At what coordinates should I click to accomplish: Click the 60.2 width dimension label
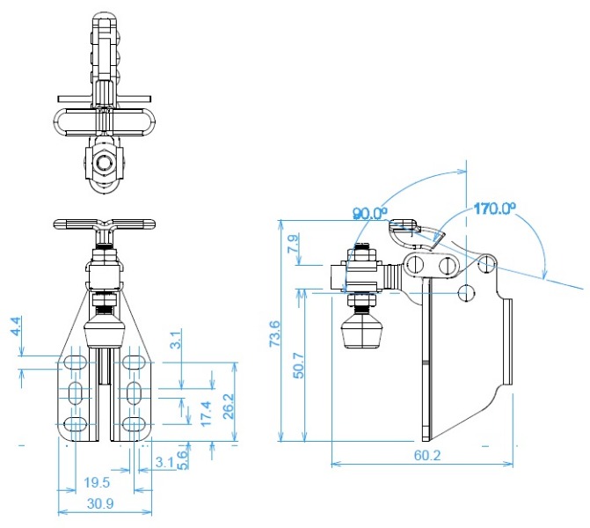click(x=427, y=455)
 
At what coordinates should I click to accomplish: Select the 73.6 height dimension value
click(x=275, y=334)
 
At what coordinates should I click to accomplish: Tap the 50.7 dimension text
click(x=299, y=365)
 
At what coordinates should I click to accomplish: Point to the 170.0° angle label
click(x=494, y=208)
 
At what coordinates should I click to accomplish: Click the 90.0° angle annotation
click(x=370, y=213)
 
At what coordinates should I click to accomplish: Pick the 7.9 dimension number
click(x=294, y=243)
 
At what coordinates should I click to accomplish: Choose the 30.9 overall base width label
click(x=100, y=503)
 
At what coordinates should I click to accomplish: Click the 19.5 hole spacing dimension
click(x=97, y=482)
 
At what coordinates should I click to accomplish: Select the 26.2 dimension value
click(x=228, y=407)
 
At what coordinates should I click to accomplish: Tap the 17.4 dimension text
click(x=206, y=414)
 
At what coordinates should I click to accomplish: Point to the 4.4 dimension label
click(x=16, y=326)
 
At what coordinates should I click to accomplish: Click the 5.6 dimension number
click(x=182, y=459)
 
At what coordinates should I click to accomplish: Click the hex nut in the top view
click(x=104, y=163)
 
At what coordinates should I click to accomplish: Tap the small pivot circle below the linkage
click(x=466, y=292)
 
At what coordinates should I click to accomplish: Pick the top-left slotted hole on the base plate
click(x=76, y=363)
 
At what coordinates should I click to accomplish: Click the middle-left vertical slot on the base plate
click(x=76, y=393)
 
